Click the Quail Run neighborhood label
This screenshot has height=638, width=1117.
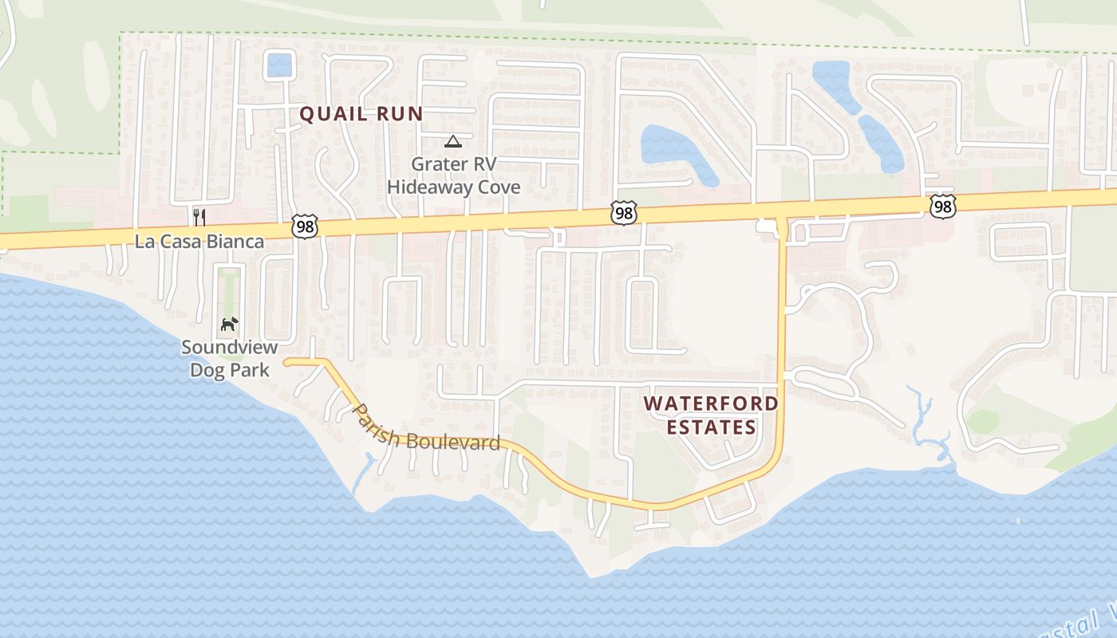pyautogui.click(x=361, y=114)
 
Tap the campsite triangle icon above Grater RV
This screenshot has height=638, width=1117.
pyautogui.click(x=453, y=142)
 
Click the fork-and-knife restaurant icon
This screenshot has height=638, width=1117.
pyautogui.click(x=199, y=217)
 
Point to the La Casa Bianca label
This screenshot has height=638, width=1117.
pyautogui.click(x=199, y=242)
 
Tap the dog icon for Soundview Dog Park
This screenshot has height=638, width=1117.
pyautogui.click(x=229, y=325)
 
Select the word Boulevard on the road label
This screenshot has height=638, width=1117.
pyautogui.click(x=452, y=442)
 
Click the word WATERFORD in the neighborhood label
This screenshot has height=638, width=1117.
pyautogui.click(x=711, y=404)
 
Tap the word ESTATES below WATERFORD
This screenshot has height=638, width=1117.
pyautogui.click(x=711, y=427)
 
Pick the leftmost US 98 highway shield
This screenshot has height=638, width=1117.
pyautogui.click(x=305, y=226)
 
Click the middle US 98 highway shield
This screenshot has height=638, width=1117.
pyautogui.click(x=623, y=212)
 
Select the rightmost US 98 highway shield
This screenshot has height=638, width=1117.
pyautogui.click(x=942, y=207)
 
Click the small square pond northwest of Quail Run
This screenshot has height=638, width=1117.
pyautogui.click(x=279, y=65)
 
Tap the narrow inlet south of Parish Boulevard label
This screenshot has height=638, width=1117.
pyautogui.click(x=364, y=471)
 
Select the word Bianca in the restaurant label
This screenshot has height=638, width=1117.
pyautogui.click(x=237, y=242)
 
